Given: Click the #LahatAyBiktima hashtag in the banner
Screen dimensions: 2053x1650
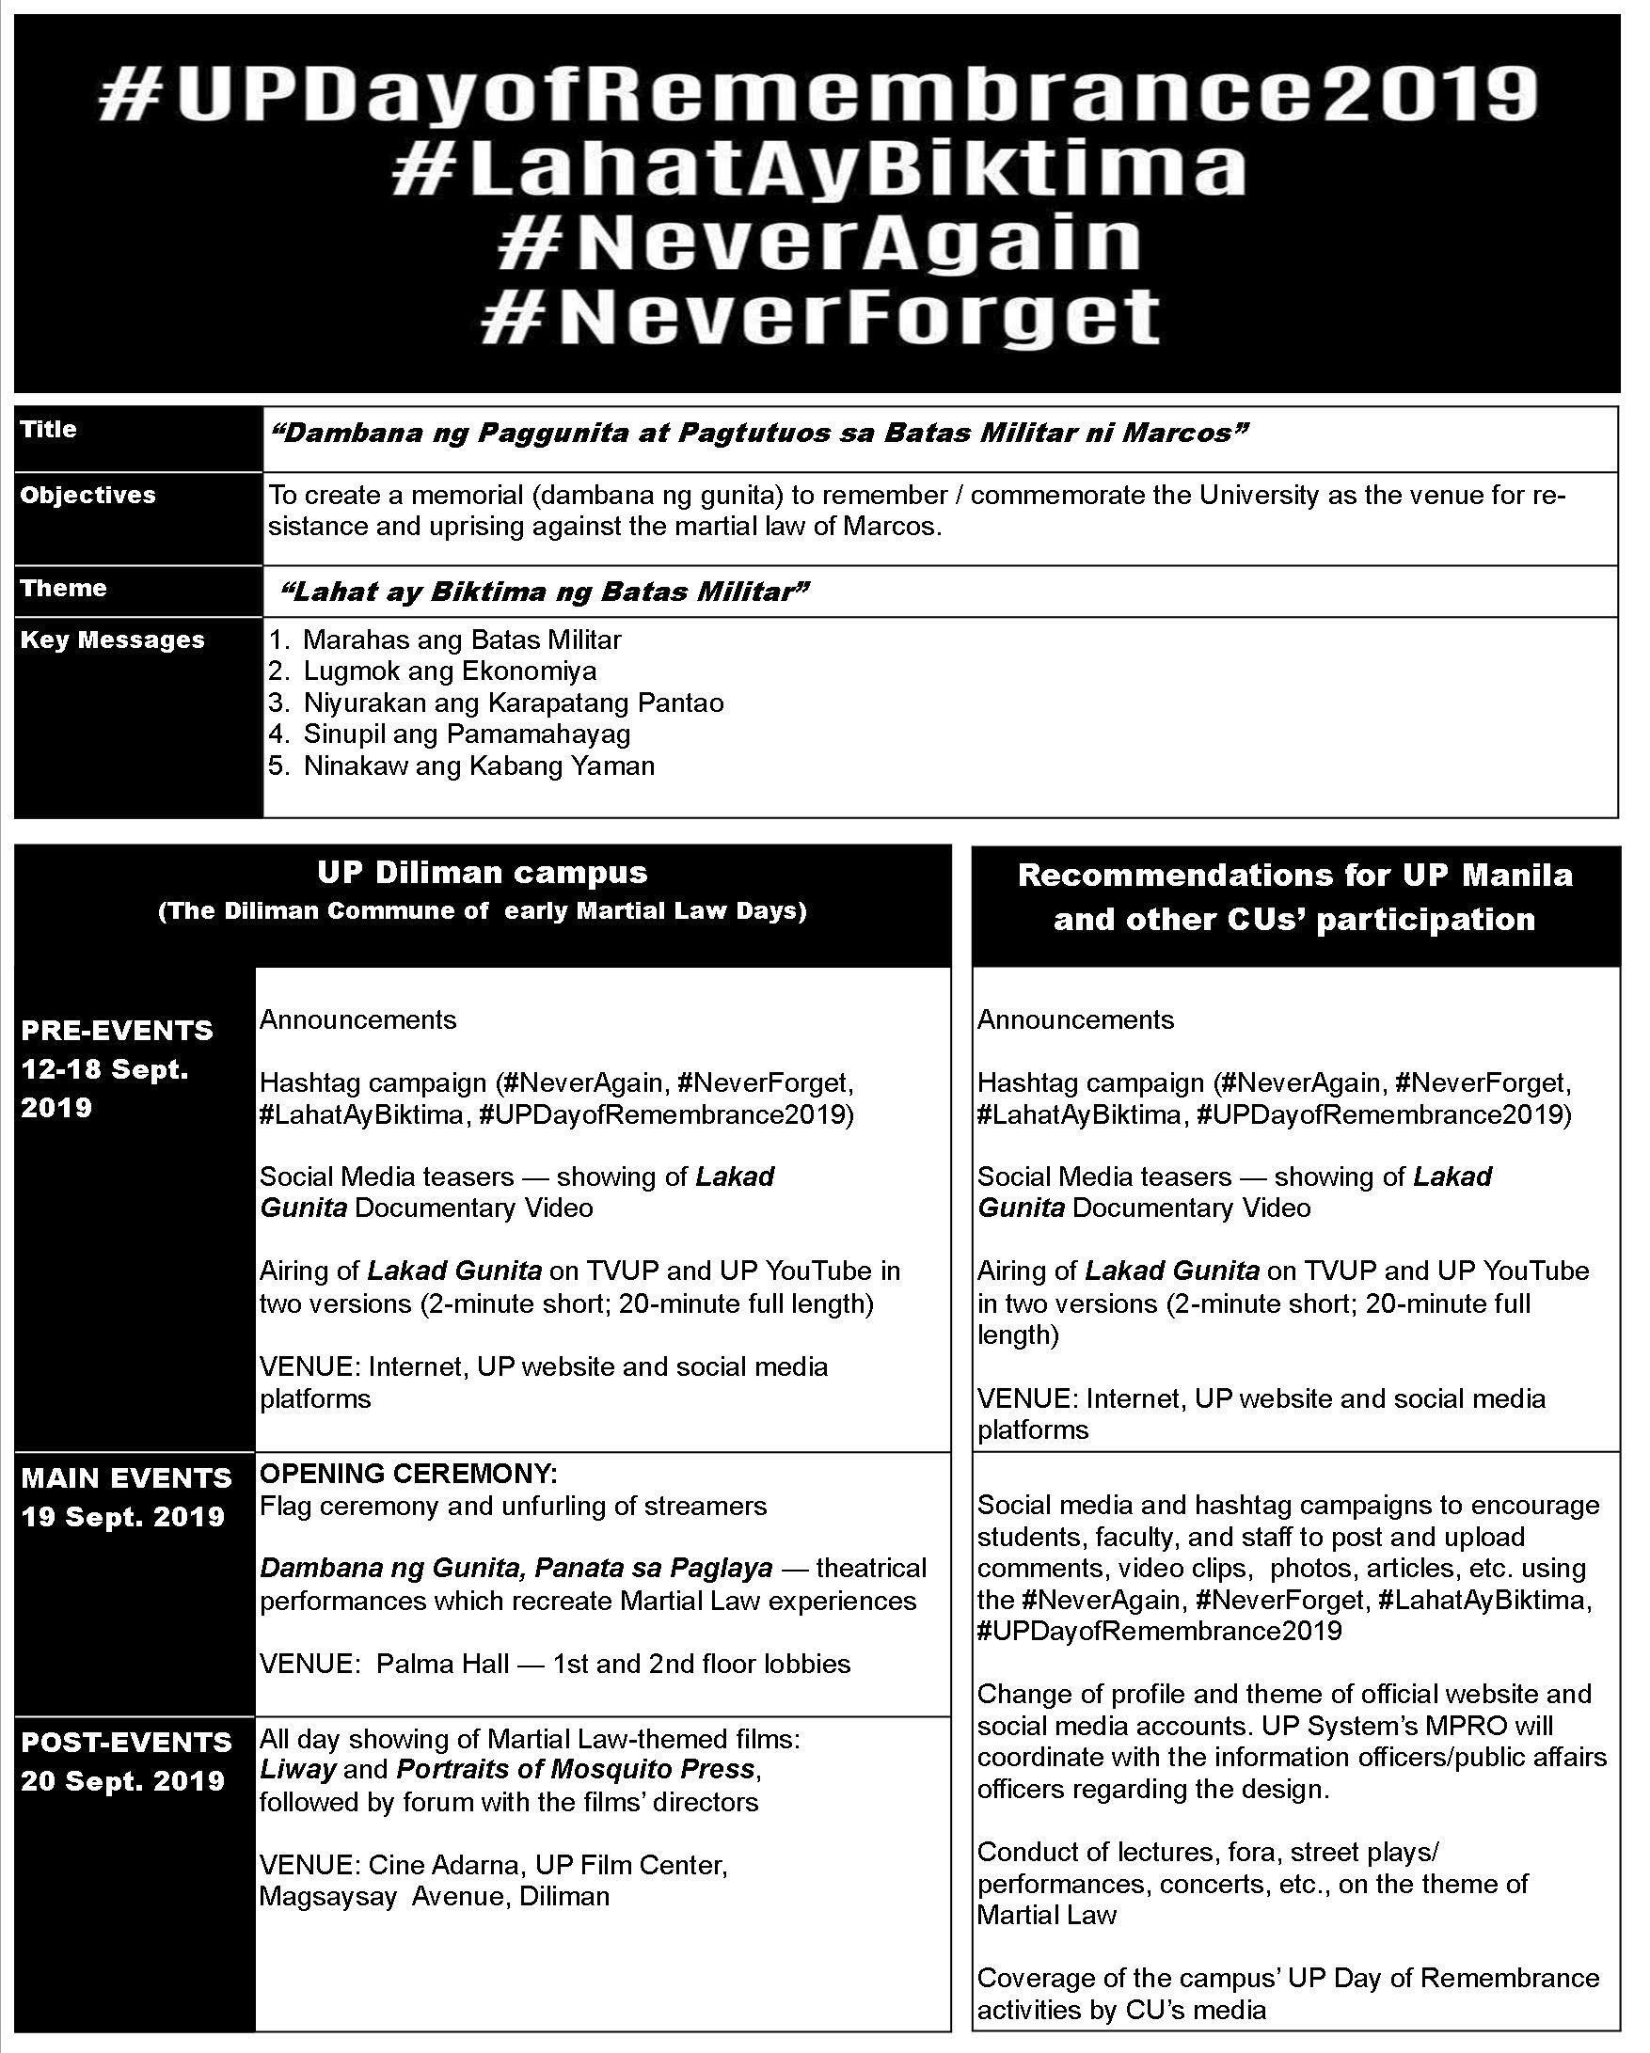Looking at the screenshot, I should click(x=817, y=169).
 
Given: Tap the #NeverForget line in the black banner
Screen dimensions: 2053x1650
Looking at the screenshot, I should click(x=819, y=317).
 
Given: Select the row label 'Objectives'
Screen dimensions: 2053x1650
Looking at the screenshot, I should click(x=87, y=496).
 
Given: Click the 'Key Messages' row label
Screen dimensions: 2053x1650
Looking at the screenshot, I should click(x=112, y=640).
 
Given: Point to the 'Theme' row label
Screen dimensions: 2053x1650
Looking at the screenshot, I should click(x=64, y=589).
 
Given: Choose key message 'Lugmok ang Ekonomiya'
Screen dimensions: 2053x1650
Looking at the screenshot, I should click(x=450, y=671).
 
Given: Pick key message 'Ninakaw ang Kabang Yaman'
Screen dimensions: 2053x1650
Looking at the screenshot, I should click(x=478, y=766).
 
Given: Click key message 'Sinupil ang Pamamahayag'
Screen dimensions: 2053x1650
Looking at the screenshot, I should click(x=467, y=734).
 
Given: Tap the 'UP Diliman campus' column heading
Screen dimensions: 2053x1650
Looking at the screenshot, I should click(x=482, y=872).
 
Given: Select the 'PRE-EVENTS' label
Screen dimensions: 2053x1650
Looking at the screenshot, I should click(x=118, y=1031).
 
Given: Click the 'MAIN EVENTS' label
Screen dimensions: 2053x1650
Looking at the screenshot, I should click(x=127, y=1477).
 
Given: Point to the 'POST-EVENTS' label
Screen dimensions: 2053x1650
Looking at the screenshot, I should click(x=127, y=1742).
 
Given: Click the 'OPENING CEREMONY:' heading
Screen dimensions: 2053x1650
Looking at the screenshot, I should click(x=408, y=1474).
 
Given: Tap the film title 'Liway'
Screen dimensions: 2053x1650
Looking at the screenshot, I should click(x=297, y=1770).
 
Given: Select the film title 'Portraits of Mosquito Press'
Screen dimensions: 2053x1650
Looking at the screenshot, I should click(x=576, y=1770).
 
